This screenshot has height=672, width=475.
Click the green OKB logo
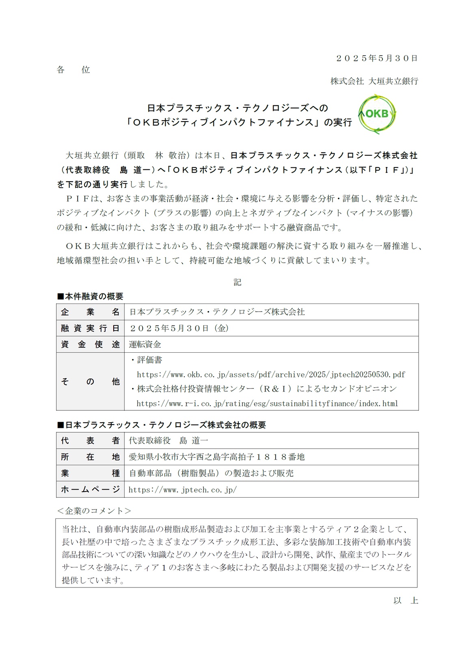point(377,115)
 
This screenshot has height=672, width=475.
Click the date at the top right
point(377,58)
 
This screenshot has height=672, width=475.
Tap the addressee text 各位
point(73,70)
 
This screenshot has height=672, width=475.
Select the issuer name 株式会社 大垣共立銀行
point(374,81)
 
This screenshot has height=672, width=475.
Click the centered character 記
point(237,282)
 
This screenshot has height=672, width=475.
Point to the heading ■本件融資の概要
point(90,296)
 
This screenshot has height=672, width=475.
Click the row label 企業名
point(90,312)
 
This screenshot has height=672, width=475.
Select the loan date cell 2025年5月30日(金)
point(179,328)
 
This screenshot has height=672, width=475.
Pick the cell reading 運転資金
point(145,345)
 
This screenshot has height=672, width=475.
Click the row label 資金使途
point(90,345)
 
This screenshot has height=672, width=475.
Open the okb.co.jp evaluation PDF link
point(271,374)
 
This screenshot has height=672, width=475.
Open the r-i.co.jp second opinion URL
point(267,403)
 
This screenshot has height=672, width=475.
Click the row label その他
point(90,382)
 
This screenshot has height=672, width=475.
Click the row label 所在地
point(90,457)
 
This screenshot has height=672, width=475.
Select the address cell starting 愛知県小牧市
point(217,457)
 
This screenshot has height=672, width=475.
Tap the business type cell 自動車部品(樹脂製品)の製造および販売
point(211,473)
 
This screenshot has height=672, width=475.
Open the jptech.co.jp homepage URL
point(183,490)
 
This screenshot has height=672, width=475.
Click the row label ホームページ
point(90,490)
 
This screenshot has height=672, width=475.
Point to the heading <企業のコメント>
point(94,511)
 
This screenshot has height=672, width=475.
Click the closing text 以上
point(405,600)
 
